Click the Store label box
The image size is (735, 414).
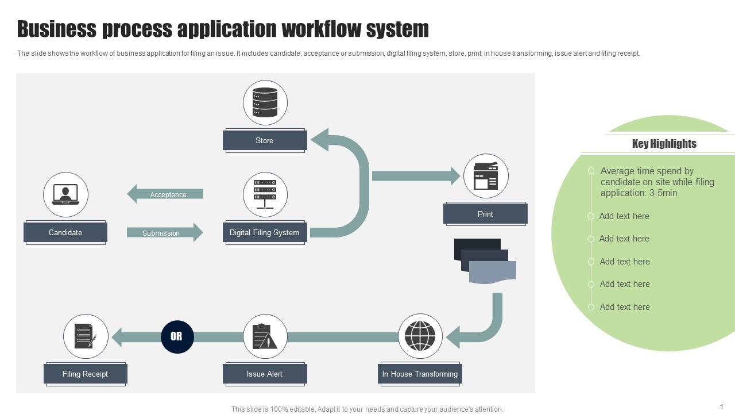[x=265, y=140]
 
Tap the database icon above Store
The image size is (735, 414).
[x=265, y=102]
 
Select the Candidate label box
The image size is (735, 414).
[x=65, y=232]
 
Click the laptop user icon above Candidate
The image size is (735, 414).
[x=65, y=194]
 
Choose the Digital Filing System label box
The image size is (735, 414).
[x=265, y=232]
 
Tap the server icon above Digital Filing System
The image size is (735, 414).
[x=265, y=194]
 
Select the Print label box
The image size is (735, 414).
[x=485, y=214]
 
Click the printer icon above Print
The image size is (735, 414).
[x=486, y=176]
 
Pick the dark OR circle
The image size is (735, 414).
[x=177, y=336]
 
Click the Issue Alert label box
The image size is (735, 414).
[x=265, y=374]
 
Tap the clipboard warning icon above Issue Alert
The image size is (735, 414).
[x=265, y=336]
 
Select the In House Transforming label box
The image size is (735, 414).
[x=420, y=374]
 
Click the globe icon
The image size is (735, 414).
[x=420, y=336]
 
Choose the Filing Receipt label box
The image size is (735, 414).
[x=85, y=374]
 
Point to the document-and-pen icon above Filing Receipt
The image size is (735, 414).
[x=86, y=336]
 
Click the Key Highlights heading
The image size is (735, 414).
[x=664, y=144]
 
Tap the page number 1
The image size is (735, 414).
[x=721, y=407]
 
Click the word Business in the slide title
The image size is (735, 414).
[x=57, y=29]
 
